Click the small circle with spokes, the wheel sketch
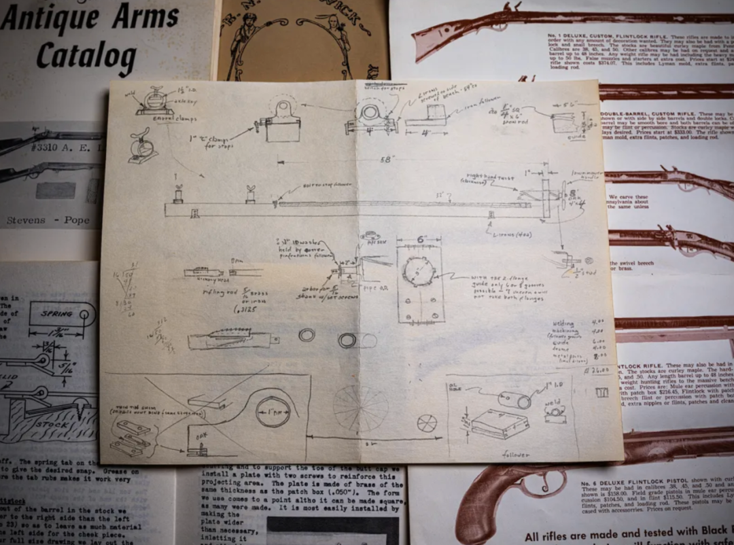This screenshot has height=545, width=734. [427, 423]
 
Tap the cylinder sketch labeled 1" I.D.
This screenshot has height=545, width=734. [514, 399]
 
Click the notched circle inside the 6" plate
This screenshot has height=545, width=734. [417, 271]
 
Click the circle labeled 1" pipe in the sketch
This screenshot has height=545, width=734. [273, 412]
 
